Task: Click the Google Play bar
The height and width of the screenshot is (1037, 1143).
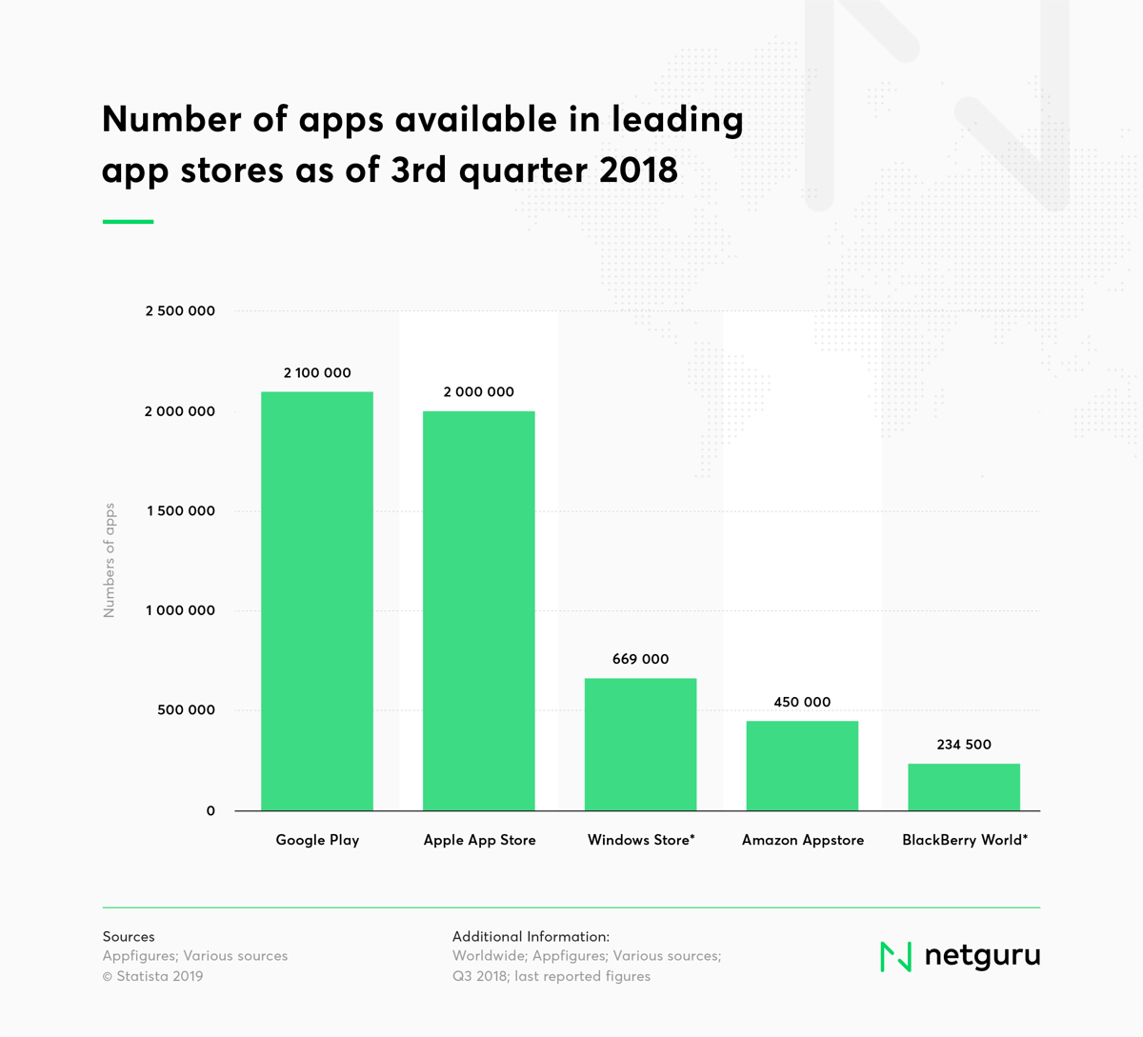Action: coord(317,601)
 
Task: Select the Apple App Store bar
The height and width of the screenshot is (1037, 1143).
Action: coord(479,610)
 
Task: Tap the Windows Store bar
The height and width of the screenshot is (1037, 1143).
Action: coord(640,744)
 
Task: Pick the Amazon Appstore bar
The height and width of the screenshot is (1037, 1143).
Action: coord(802,766)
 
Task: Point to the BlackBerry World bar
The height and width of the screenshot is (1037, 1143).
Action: coord(964,787)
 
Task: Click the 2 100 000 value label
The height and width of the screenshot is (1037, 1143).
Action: coord(317,373)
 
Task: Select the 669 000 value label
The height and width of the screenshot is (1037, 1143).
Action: coord(640,659)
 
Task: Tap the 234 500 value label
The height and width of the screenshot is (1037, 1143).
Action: coord(964,745)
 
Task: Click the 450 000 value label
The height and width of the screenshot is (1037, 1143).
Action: coord(802,702)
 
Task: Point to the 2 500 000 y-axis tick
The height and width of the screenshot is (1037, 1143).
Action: coord(180,311)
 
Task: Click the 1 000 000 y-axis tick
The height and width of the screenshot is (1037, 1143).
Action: coord(180,610)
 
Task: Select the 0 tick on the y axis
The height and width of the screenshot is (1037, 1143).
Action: coord(211,811)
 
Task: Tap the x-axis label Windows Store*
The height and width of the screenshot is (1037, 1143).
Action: coord(641,840)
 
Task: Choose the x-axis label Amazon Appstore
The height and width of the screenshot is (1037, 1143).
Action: coord(803,840)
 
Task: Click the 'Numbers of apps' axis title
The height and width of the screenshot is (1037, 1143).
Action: coord(110,560)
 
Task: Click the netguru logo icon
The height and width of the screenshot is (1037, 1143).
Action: coord(895,956)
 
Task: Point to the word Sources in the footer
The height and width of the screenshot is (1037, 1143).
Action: coord(129,937)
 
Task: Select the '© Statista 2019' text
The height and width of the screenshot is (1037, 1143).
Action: coord(153,976)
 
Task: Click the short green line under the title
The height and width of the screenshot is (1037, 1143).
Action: coord(128,222)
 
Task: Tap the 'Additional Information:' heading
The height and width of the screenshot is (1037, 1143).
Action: coord(531,937)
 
